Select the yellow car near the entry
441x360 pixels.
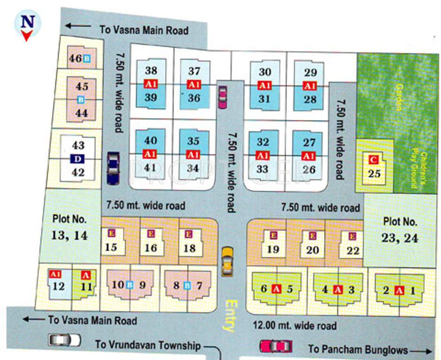pos(228,262)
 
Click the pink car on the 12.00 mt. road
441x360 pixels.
pos(276,346)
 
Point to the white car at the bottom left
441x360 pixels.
pos(64,339)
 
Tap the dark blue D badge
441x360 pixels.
pos(77,159)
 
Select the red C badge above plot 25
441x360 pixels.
pos(373,160)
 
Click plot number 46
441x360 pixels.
pos(75,59)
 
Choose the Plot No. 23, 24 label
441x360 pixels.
pos(400,230)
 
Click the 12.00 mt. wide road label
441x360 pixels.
pos(295,325)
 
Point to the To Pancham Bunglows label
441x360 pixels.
pos(358,349)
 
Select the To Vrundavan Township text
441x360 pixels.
pos(148,345)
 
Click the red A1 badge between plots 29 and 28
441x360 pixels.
pos(309,86)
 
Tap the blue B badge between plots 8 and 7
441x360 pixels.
pos(188,285)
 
